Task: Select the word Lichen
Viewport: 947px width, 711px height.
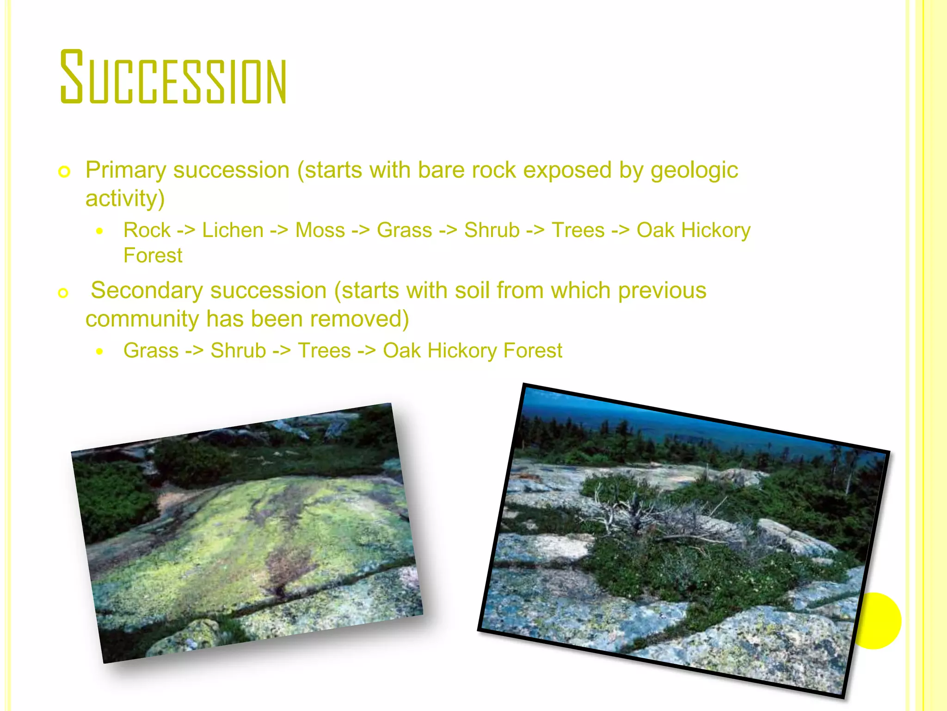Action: pos(233,230)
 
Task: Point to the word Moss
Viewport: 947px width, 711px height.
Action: pos(320,230)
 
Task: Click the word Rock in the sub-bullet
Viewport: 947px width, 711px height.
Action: pos(147,230)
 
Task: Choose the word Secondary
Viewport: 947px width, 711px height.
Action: pos(147,291)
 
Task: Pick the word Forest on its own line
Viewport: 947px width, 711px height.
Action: pos(153,256)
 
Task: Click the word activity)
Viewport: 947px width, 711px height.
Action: pos(125,199)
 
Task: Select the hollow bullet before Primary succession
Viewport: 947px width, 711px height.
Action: pos(64,172)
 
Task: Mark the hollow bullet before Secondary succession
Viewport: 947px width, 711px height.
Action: pos(63,293)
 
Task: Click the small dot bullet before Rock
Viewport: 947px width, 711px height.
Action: pos(99,231)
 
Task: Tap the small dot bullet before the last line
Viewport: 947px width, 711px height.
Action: pos(99,351)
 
